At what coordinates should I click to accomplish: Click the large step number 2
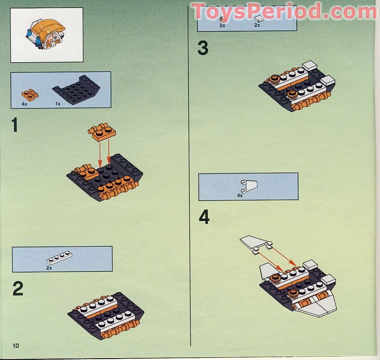tap(18, 288)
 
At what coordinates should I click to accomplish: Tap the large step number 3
tap(203, 48)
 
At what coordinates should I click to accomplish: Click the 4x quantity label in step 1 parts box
tap(24, 103)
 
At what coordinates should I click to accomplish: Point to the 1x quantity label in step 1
tap(58, 103)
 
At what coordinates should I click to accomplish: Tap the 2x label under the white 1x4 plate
tap(49, 268)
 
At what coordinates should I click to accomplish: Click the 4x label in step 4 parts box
tap(240, 195)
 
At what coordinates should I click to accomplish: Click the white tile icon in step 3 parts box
tap(259, 19)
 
